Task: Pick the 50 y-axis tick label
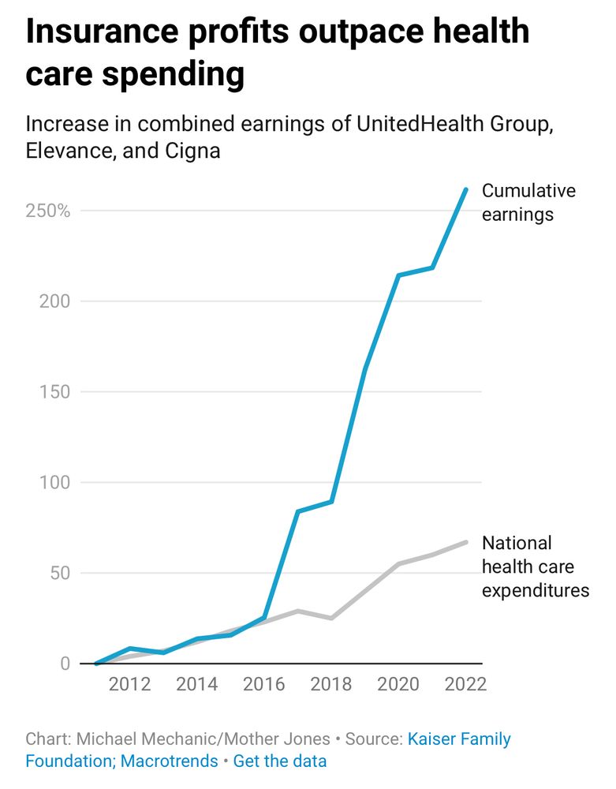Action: (x=59, y=573)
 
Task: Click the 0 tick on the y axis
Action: (x=65, y=664)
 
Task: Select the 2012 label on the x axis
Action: (x=129, y=683)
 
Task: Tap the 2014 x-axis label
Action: (x=196, y=683)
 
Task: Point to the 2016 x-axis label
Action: (x=264, y=683)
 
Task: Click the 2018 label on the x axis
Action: (x=331, y=683)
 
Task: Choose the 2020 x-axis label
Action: (x=398, y=683)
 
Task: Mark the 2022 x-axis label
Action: (x=465, y=683)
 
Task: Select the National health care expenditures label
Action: (x=535, y=567)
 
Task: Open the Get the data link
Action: (x=279, y=761)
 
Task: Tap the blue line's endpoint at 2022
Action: (x=465, y=189)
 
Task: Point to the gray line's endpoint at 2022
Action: (x=465, y=542)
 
